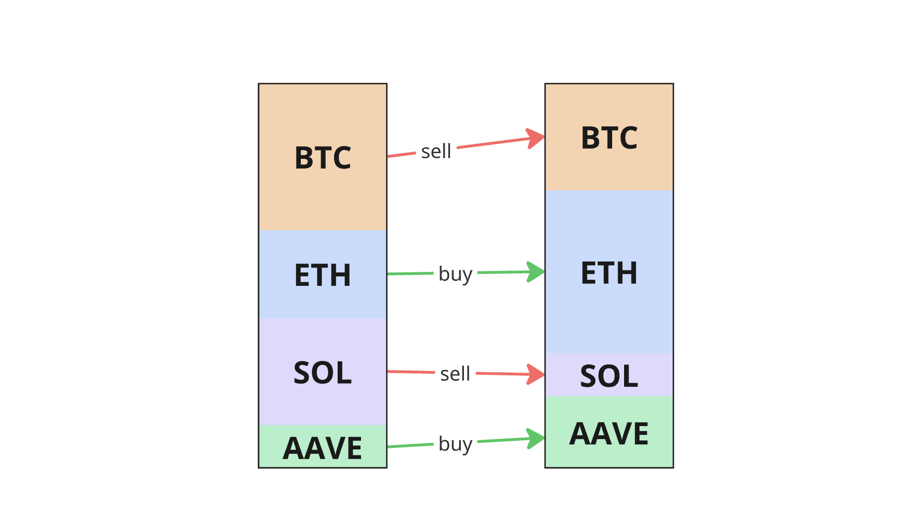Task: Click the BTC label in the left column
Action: (x=323, y=158)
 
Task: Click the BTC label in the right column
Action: (x=609, y=138)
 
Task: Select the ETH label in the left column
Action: (x=323, y=275)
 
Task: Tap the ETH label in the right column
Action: (x=609, y=273)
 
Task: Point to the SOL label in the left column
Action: (x=323, y=372)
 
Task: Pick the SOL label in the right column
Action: (x=609, y=376)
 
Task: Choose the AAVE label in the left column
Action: (x=323, y=448)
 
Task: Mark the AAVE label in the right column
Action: (x=609, y=434)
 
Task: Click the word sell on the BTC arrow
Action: (x=436, y=152)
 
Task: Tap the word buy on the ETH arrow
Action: (x=455, y=274)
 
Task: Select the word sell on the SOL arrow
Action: (x=455, y=374)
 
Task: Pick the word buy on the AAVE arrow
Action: (x=455, y=444)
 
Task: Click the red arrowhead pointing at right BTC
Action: (x=536, y=138)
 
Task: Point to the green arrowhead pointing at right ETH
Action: (x=536, y=272)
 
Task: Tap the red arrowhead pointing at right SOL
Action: (x=536, y=374)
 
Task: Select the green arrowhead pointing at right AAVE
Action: (x=536, y=438)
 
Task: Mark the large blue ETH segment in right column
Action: (x=609, y=318)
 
